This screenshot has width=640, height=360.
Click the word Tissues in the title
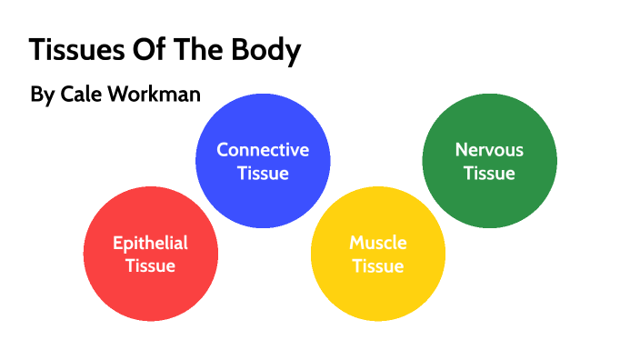click(x=74, y=51)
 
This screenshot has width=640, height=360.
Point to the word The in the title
click(x=198, y=51)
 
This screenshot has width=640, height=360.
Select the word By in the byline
click(x=42, y=95)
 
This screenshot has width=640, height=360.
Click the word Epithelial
click(x=150, y=243)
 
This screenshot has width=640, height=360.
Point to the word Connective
click(x=263, y=150)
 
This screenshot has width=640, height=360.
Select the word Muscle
click(x=378, y=243)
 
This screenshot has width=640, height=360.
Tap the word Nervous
click(x=489, y=150)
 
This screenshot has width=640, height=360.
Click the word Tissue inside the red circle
click(x=150, y=266)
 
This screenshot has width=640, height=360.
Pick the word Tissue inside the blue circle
click(x=263, y=173)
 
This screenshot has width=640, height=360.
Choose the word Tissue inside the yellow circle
click(x=378, y=266)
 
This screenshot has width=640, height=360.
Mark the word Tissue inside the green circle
click(x=489, y=173)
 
